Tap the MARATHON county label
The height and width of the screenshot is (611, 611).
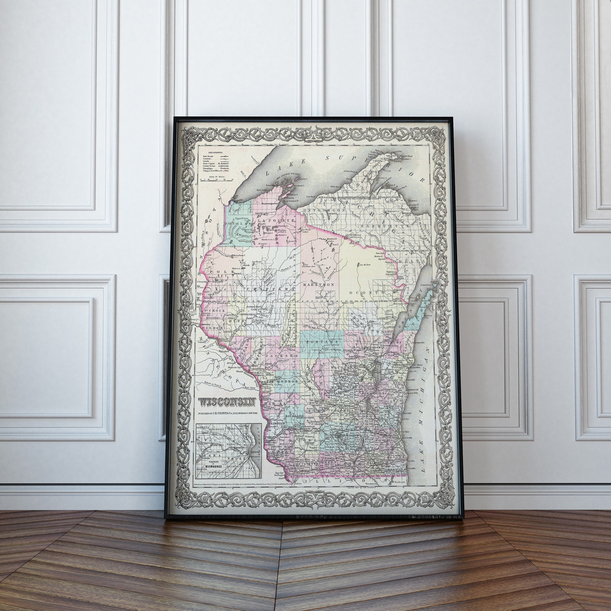[x=318, y=285]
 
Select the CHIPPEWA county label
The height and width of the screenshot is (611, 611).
[x=271, y=289]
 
